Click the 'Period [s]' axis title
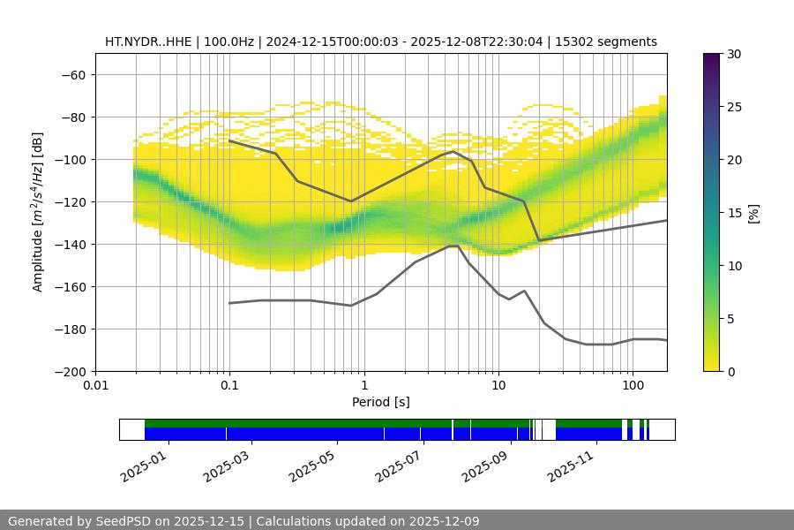(x=380, y=402)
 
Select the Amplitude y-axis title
(x=37, y=212)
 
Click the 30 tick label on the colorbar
(x=733, y=54)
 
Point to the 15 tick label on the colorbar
(x=733, y=213)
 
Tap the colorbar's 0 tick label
(x=730, y=371)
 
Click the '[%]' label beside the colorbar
(x=753, y=213)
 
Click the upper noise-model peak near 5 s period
(x=453, y=152)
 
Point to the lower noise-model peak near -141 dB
(x=453, y=246)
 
